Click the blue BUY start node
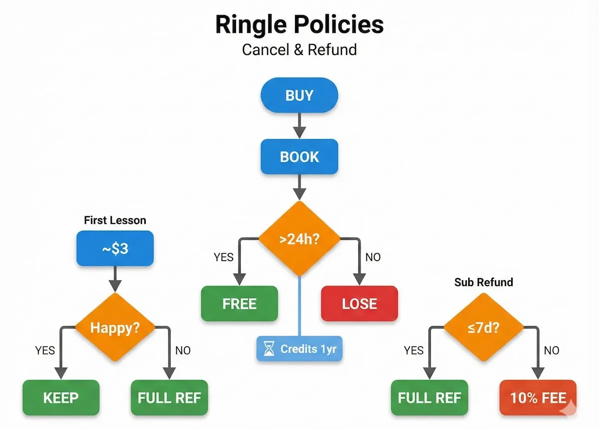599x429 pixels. tap(299, 95)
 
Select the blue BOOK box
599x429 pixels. tap(299, 157)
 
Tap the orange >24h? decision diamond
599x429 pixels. tap(299, 238)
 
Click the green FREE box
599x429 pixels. tap(240, 304)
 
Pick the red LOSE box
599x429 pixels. tap(359, 304)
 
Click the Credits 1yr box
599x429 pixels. tap(299, 349)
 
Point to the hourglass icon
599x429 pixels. tap(270, 349)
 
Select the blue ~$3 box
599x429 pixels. tap(115, 248)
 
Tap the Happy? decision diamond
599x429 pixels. tap(115, 328)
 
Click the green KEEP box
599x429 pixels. tap(61, 398)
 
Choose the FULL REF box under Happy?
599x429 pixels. tap(169, 398)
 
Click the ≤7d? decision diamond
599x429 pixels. tap(483, 328)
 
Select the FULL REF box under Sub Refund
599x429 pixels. tap(429, 398)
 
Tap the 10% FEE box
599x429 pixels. tap(538, 398)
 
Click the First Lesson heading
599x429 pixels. tap(115, 220)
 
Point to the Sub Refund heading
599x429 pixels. tap(483, 282)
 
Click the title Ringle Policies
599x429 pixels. tap(299, 25)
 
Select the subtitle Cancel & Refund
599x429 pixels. tap(299, 50)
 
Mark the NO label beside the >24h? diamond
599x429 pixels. tap(372, 257)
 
